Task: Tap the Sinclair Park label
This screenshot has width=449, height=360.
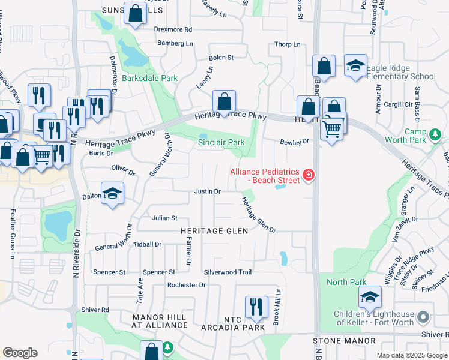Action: coord(221,142)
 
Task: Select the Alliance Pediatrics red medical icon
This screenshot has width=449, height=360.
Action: coord(309,175)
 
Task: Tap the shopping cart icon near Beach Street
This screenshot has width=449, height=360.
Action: coord(331,128)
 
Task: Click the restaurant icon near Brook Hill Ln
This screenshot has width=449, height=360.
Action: coord(256,306)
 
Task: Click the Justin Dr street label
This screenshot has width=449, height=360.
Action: coord(208,191)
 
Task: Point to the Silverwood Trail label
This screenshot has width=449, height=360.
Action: coord(228,272)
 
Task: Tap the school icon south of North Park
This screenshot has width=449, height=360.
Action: coord(370,297)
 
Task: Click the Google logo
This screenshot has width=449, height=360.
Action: coord(20,353)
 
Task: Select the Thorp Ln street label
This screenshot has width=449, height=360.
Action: coord(287,44)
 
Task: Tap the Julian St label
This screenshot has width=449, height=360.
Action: coord(164,218)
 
